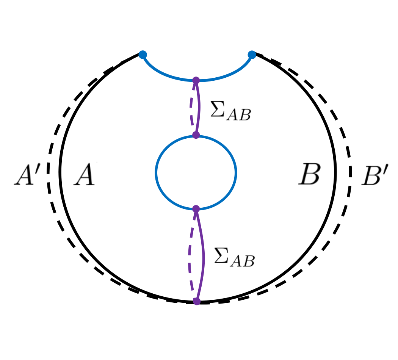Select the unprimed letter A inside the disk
click(x=84, y=175)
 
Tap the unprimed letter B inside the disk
click(x=310, y=174)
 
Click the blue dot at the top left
click(x=143, y=55)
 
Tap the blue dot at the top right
click(x=252, y=55)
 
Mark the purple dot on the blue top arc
click(x=196, y=80)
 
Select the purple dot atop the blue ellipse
click(x=196, y=135)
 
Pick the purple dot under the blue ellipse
click(x=196, y=209)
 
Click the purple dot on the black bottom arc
click(x=196, y=301)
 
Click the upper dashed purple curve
click(x=191, y=108)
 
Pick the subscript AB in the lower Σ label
click(x=243, y=261)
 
